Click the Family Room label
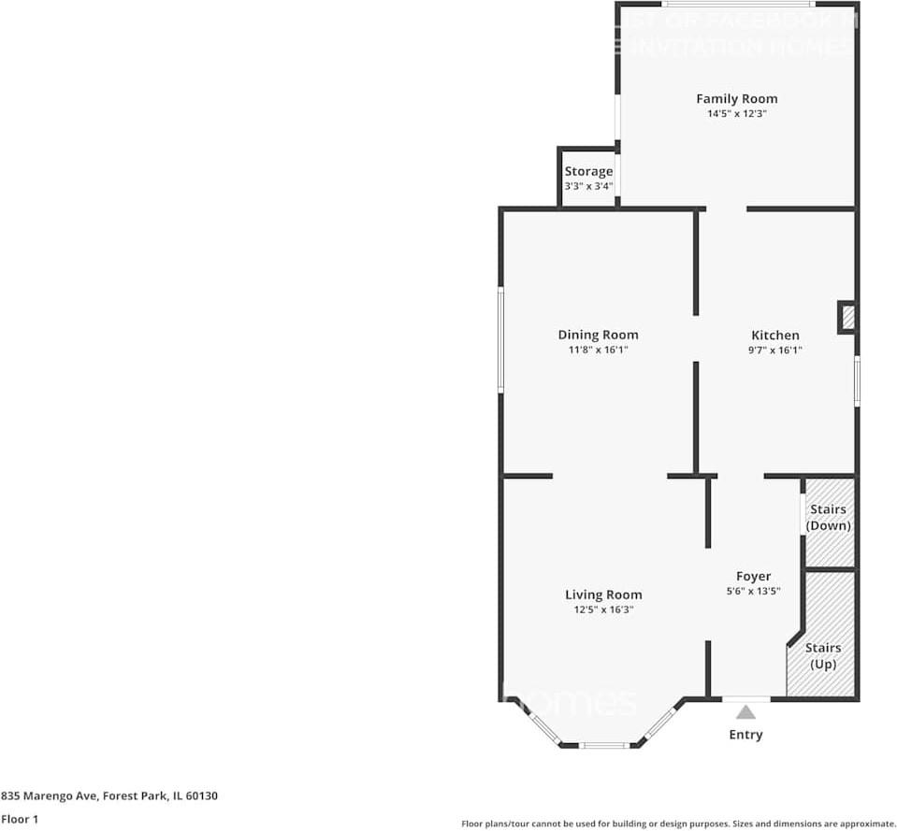tap(736, 98)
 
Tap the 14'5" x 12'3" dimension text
tap(736, 113)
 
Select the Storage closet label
tap(588, 171)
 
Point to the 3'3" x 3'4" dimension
tap(588, 186)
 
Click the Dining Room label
tap(598, 335)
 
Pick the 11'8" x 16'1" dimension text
tap(598, 350)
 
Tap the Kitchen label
tap(775, 335)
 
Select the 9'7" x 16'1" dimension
tap(775, 350)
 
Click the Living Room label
tap(603, 595)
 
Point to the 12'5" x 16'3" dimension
tap(603, 609)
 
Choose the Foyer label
tap(753, 577)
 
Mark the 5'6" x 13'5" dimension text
tap(753, 591)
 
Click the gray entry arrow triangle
tap(745, 712)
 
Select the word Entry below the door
tap(745, 735)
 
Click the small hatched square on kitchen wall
tap(847, 317)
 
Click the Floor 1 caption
tap(21, 819)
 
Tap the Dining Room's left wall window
tap(501, 339)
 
